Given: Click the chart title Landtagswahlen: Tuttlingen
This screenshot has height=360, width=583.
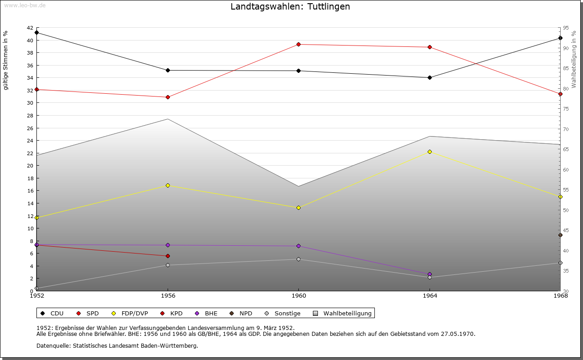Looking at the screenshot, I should (290, 6).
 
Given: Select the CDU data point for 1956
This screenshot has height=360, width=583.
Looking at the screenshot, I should (168, 70).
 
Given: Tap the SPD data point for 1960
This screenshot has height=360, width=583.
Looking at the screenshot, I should (298, 44).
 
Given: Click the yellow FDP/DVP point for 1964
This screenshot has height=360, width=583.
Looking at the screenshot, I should (430, 152).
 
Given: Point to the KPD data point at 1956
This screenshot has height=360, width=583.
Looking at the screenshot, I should (168, 256).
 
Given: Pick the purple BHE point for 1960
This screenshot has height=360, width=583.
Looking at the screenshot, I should (298, 246).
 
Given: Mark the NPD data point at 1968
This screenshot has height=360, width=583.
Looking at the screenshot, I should (560, 235).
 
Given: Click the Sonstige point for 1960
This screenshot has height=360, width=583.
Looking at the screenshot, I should (298, 259).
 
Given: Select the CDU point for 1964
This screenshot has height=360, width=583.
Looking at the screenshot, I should (430, 77).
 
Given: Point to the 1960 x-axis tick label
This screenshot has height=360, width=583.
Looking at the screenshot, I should (298, 295).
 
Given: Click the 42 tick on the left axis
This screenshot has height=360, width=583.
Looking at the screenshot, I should (30, 28).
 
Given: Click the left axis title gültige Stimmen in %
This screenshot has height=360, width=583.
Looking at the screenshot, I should (6, 60).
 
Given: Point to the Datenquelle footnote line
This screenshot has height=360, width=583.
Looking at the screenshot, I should (117, 345).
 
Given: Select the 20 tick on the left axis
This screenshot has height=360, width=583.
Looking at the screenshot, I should (30, 166).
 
